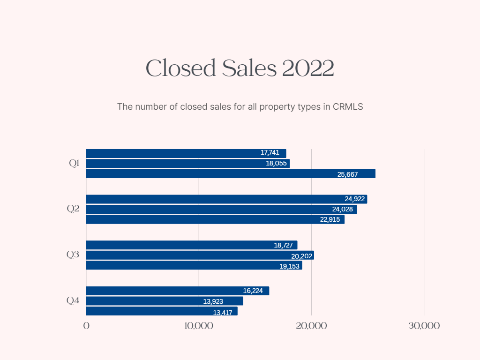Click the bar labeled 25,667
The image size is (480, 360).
click(x=231, y=174)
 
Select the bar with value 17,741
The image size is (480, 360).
click(x=186, y=153)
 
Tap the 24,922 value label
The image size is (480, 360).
click(x=354, y=199)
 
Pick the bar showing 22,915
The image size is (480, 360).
click(x=215, y=219)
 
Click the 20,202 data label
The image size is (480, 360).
click(x=302, y=256)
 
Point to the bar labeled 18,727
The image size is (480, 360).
click(x=192, y=245)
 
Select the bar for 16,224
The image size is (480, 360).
click(x=178, y=291)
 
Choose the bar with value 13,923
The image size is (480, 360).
click(x=165, y=301)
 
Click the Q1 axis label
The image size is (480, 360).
click(x=74, y=164)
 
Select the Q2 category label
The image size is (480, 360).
click(x=73, y=209)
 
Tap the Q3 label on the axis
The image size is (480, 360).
click(x=73, y=255)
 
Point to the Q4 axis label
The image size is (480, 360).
click(x=73, y=300)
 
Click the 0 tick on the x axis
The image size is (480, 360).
click(x=86, y=326)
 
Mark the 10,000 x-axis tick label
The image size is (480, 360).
click(x=199, y=326)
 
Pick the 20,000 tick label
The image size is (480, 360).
click(x=311, y=326)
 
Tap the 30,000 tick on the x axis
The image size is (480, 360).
click(x=424, y=326)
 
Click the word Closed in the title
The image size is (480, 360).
click(x=180, y=68)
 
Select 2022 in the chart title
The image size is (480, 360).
click(x=308, y=68)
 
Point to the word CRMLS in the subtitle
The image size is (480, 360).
click(x=348, y=107)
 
